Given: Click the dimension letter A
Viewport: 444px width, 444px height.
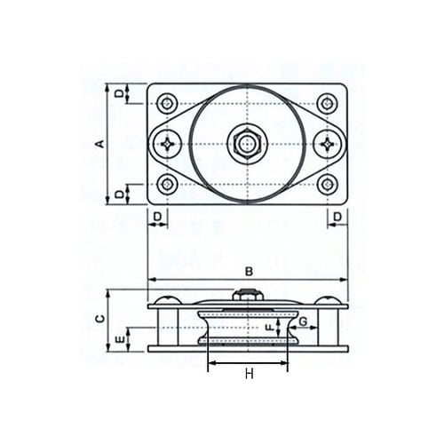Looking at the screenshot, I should (100, 143).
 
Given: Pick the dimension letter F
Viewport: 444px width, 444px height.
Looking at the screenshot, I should (269, 327).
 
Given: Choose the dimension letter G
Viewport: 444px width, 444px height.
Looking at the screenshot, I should (303, 321).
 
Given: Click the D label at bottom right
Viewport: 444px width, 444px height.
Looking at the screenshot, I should (340, 217).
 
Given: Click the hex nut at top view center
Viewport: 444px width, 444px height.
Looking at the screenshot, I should (247, 143).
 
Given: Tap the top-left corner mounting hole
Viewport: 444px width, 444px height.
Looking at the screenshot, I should (167, 103).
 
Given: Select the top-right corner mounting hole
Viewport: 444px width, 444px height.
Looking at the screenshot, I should (328, 103).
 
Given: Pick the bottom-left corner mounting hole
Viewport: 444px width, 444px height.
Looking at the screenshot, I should (167, 184).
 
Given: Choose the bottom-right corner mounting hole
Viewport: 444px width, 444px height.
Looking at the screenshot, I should (328, 184).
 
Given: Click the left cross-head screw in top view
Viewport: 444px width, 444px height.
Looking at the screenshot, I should (166, 143).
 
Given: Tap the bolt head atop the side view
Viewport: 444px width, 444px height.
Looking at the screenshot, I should (248, 297).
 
